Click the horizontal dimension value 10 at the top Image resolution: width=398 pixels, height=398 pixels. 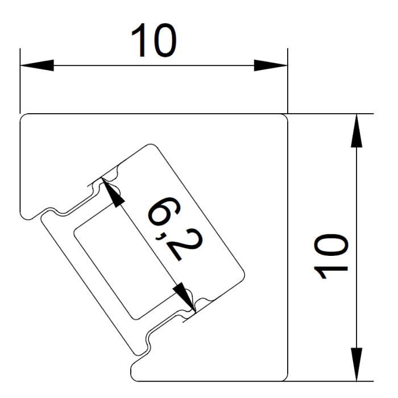pyautogui.click(x=153, y=40)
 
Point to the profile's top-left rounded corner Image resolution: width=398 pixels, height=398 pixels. pyautogui.click(x=24, y=118)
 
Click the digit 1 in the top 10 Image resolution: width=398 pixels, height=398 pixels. pyautogui.click(x=138, y=40)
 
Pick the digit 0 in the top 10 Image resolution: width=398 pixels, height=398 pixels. pyautogui.click(x=164, y=40)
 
